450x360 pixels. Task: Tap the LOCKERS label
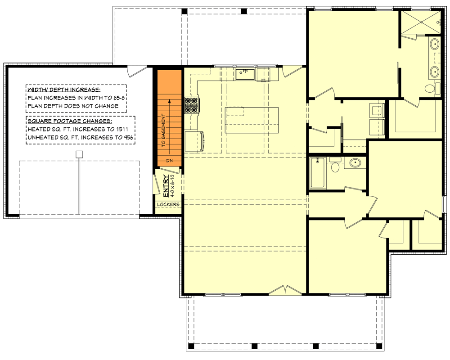[168, 204]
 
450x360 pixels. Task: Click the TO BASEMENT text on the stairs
[163, 130]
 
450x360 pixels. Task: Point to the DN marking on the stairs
[169, 161]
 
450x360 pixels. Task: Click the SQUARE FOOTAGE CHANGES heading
[70, 121]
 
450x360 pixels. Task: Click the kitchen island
[252, 120]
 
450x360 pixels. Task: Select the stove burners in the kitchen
[191, 105]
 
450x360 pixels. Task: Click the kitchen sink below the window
[245, 73]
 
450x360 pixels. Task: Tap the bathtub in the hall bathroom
[318, 173]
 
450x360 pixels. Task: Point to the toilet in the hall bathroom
[335, 166]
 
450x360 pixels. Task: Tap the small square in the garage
[79, 154]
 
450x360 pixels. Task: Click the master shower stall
[421, 22]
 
